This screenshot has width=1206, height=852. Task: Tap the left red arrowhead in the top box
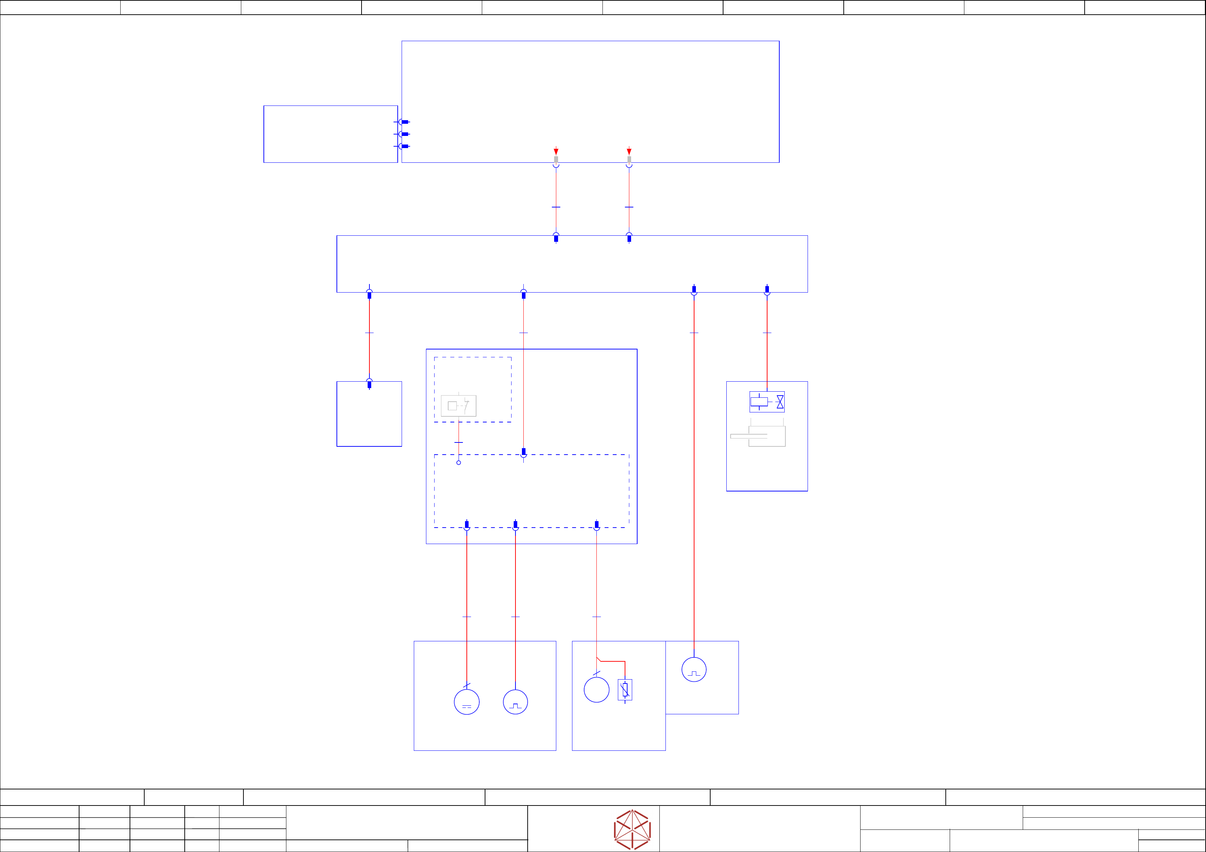[x=556, y=152]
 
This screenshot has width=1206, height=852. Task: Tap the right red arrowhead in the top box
[x=629, y=152]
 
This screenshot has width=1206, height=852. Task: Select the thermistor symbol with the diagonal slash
[x=625, y=690]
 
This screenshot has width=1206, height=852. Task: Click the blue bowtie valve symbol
[x=780, y=402]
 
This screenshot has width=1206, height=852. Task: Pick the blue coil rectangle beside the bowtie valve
[x=759, y=402]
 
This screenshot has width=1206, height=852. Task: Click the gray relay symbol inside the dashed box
[x=458, y=406]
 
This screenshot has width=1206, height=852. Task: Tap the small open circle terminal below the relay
[x=459, y=462]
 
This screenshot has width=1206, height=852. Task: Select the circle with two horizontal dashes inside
[x=466, y=702]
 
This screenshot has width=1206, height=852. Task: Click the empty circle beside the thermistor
[x=596, y=690]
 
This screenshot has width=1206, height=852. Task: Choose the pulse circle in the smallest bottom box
[x=693, y=669]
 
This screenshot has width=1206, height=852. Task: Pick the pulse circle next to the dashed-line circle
[x=515, y=702]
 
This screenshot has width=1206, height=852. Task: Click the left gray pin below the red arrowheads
[x=556, y=160]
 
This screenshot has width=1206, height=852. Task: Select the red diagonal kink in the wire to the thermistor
[x=598, y=659]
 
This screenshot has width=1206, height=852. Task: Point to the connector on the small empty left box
[x=369, y=384]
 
